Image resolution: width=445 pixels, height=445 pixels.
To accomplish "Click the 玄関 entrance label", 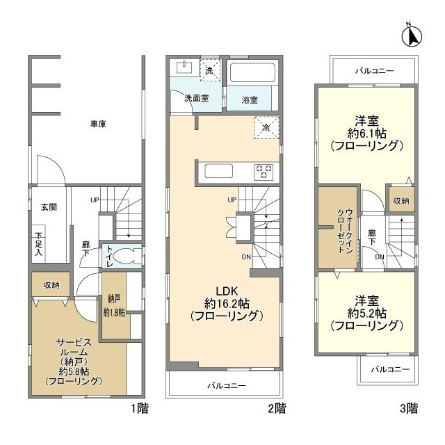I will (48, 207).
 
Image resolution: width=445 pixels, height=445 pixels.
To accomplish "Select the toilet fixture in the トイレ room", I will (124, 254).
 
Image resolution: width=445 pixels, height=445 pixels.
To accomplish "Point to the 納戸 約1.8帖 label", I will (114, 306).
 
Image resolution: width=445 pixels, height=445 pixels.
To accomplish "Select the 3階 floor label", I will (409, 408).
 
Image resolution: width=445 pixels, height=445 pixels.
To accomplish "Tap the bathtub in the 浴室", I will (253, 74).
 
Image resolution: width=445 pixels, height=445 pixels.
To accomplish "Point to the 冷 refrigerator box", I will (266, 128).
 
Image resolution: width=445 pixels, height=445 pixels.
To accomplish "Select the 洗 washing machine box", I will (211, 70).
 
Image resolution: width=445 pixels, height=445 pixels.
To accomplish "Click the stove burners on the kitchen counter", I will (264, 170).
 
